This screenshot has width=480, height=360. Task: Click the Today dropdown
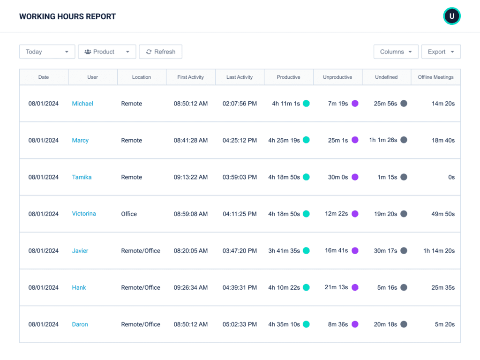47,52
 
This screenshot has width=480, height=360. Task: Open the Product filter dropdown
107,52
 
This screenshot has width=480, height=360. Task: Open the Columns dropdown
396,52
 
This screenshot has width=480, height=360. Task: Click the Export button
441,52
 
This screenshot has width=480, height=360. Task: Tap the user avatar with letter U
452,16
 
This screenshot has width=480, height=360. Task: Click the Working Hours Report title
67,17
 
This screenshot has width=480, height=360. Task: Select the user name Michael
82,104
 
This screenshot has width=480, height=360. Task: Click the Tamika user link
82,177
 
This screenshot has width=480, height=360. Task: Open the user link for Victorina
84,214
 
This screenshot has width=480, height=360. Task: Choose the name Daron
80,324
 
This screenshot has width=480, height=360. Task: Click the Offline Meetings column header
435,77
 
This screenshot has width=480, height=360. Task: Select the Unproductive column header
337,77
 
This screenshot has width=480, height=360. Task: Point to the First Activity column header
190,77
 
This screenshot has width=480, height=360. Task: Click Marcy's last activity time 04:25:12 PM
240,140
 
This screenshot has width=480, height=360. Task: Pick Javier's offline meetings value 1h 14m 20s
439,251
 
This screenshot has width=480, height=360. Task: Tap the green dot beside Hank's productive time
306,287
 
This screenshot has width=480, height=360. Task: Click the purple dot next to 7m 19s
355,104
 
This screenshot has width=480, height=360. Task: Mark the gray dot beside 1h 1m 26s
404,140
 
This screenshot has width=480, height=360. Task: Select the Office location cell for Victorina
129,214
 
